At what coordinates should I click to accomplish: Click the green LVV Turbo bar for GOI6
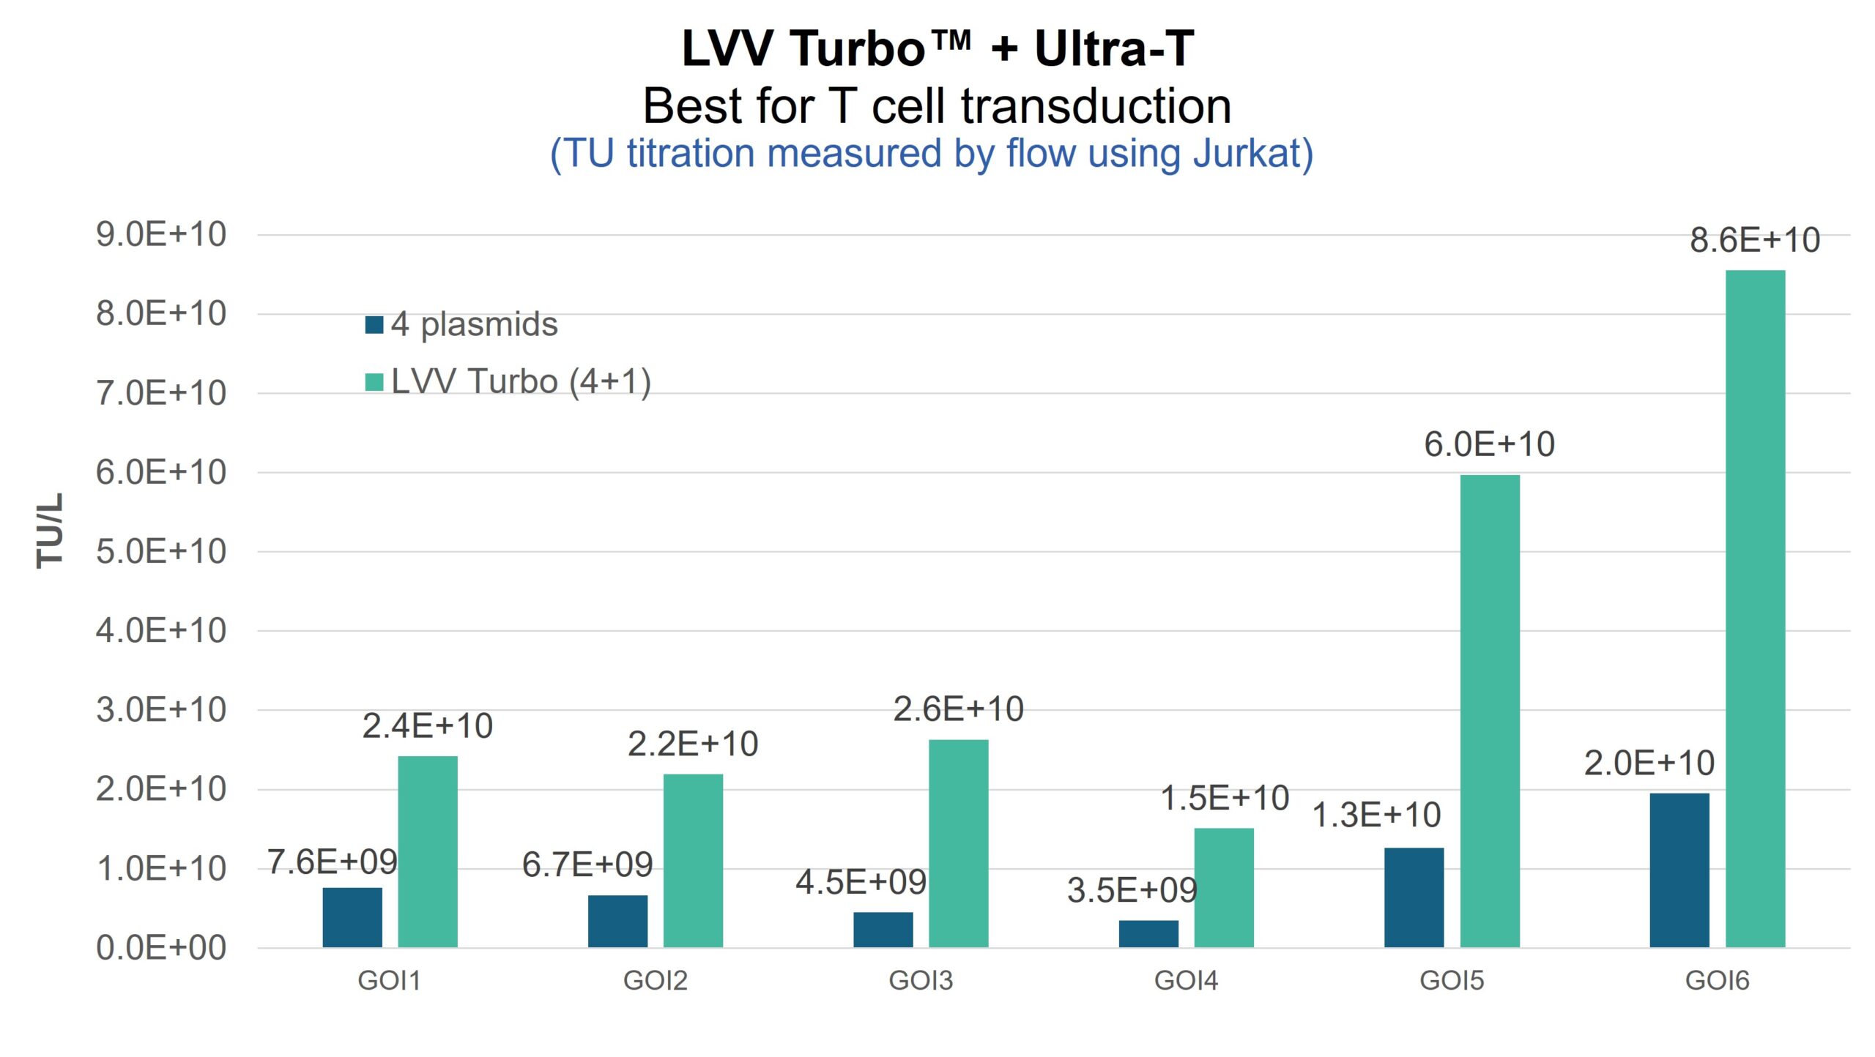(1755, 608)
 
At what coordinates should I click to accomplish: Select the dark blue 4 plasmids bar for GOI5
(1414, 897)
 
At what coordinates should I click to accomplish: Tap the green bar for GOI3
(958, 843)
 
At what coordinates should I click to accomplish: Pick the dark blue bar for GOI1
(352, 917)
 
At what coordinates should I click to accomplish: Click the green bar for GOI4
(1223, 887)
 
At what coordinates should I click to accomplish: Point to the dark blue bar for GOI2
(617, 921)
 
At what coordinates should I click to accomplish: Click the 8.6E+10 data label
(1755, 240)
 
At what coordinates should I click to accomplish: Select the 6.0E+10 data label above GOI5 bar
(1489, 444)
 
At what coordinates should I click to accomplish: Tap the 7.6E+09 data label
(332, 862)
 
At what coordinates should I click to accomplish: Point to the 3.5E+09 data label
(1132, 890)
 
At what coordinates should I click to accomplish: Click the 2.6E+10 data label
(958, 709)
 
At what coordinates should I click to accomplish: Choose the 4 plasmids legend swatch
(374, 324)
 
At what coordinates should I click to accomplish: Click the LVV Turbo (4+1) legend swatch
(374, 382)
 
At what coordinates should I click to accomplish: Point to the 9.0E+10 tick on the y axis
(161, 235)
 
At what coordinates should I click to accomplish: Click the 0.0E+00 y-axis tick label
(161, 948)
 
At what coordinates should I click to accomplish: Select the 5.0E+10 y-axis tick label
(161, 551)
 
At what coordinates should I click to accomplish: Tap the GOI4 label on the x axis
(1186, 980)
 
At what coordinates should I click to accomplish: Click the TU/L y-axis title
(50, 530)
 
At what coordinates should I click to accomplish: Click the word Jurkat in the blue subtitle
(1252, 154)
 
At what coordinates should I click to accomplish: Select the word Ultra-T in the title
(1113, 48)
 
